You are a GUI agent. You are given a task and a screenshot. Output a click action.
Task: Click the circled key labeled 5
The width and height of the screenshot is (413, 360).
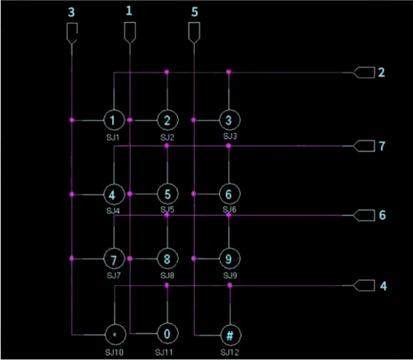[x=167, y=194]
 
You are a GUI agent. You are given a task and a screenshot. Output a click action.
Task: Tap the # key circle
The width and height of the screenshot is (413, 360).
[x=230, y=335]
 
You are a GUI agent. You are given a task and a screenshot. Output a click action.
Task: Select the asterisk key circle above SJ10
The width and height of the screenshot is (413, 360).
[x=115, y=334]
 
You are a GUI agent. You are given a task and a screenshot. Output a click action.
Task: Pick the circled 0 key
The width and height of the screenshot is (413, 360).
[x=167, y=334]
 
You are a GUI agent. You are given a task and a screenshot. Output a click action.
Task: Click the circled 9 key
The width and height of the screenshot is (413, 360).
[x=230, y=259]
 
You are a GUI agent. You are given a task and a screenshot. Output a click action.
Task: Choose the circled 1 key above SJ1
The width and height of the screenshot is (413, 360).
[x=114, y=120]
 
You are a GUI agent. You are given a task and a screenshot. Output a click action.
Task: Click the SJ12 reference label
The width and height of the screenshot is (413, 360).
[x=230, y=353]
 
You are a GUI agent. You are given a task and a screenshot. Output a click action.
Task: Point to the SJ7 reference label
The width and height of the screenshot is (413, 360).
[x=114, y=275]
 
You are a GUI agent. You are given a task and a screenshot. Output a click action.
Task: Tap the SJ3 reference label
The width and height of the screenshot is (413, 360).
[x=230, y=136]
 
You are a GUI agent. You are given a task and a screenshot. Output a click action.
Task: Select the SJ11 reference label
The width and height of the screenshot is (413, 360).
[x=164, y=353]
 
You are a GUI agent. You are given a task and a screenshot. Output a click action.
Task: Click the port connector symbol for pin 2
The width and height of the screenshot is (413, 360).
[x=364, y=72]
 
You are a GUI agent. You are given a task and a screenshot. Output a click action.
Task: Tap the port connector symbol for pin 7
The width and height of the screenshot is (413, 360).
[x=364, y=146]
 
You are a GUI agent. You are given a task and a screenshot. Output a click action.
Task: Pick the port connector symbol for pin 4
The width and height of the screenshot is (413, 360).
[x=364, y=286]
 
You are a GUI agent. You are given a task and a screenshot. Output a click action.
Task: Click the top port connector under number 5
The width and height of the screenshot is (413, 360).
[x=194, y=33]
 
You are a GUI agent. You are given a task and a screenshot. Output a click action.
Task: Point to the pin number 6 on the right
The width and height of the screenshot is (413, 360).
[x=382, y=215]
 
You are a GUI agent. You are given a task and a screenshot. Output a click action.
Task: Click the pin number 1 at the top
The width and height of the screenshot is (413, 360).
[x=129, y=11]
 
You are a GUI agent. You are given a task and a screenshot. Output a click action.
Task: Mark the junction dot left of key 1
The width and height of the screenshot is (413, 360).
[x=72, y=120]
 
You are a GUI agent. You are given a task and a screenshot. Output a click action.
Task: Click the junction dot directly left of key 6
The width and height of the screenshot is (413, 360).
[x=194, y=194]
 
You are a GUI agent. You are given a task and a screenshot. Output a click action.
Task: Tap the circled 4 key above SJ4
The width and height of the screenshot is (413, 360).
[x=114, y=194]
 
